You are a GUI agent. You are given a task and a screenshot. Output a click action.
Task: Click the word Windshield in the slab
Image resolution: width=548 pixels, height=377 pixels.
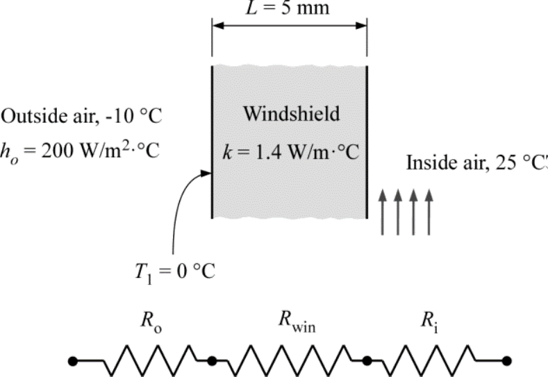point(291,114)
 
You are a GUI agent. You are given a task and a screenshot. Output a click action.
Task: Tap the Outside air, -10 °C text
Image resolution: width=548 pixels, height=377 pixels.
point(81,116)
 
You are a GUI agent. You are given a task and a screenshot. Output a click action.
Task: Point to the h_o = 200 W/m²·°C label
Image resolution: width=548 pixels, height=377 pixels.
point(80,150)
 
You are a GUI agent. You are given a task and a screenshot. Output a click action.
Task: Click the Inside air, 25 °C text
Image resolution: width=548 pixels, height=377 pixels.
point(476,163)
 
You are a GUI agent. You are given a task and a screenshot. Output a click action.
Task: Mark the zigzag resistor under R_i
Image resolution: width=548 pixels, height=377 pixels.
point(435,360)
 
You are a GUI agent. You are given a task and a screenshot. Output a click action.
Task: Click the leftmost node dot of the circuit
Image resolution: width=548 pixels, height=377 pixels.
point(73,360)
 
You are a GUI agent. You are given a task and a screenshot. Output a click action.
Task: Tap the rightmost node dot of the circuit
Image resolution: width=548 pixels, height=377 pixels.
point(508,360)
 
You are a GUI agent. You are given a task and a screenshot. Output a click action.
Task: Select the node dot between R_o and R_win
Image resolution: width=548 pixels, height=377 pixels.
point(213,360)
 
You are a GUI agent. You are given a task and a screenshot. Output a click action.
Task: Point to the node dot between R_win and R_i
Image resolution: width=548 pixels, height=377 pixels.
point(367,360)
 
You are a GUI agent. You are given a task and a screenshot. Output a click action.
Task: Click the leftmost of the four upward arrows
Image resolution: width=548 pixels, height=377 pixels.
point(382,212)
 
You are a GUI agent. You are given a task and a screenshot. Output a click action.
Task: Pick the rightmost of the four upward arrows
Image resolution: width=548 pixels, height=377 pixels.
point(430,212)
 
